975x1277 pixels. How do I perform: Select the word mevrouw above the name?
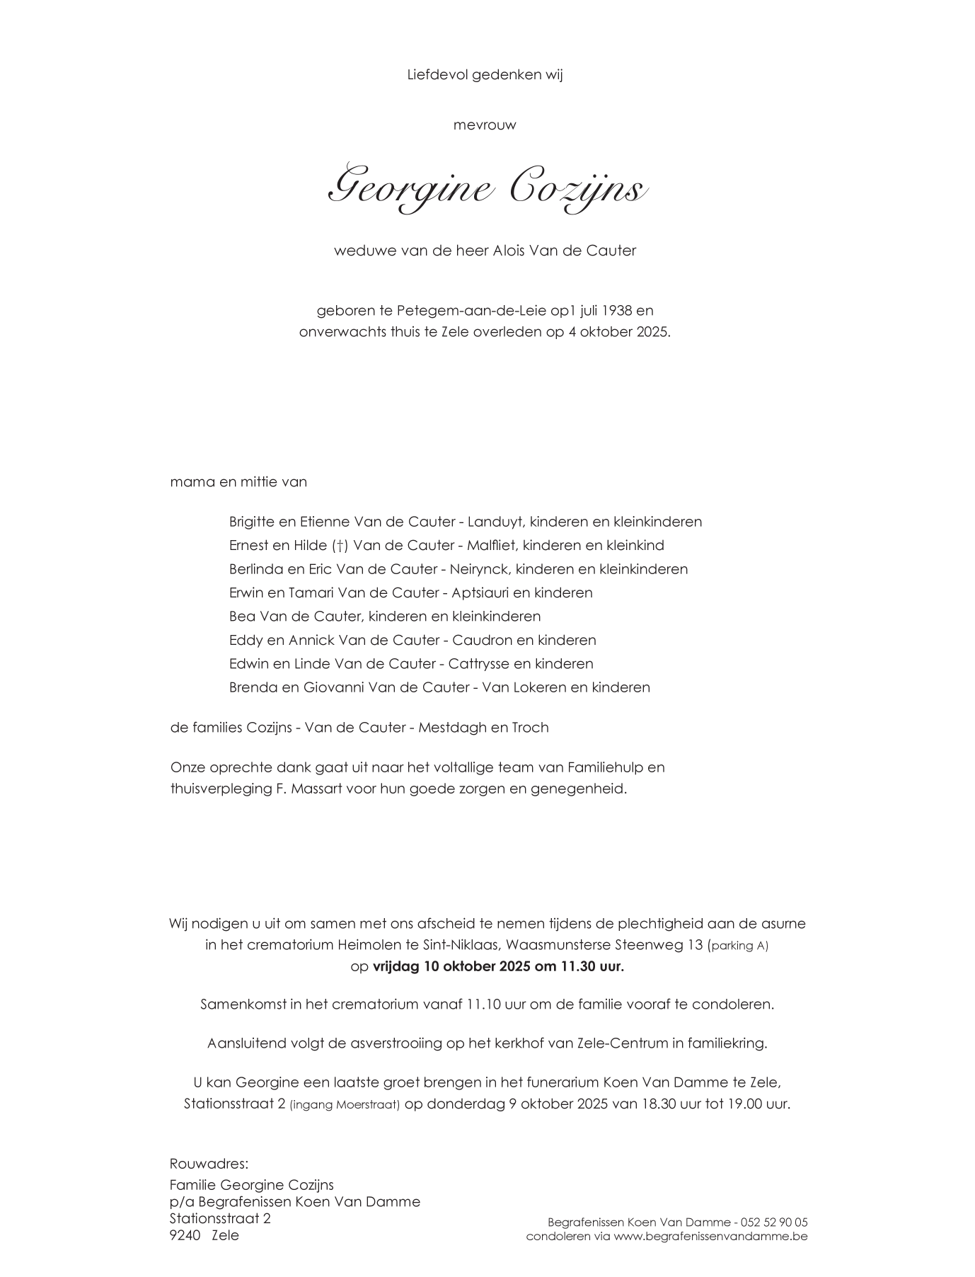coord(485,125)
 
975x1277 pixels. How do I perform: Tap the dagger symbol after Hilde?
coord(340,546)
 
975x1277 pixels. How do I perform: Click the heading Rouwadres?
coord(209,1164)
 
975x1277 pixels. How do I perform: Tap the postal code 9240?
coord(185,1235)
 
